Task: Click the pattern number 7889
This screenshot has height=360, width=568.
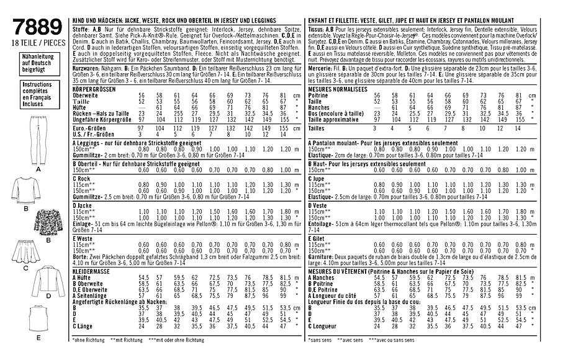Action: (x=38, y=25)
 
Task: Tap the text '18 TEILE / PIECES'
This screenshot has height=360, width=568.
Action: (x=38, y=42)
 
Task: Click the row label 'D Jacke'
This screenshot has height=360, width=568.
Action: (x=83, y=204)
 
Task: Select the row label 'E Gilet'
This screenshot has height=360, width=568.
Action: (x=317, y=238)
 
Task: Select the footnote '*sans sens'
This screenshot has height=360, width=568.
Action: (x=320, y=340)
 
